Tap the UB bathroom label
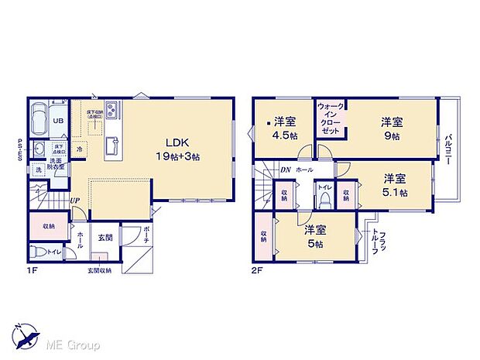click(58, 122)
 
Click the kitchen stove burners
click(111, 111)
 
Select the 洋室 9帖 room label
click(390, 129)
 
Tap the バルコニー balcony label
click(448, 150)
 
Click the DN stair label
click(285, 169)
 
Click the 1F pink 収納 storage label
click(47, 227)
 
